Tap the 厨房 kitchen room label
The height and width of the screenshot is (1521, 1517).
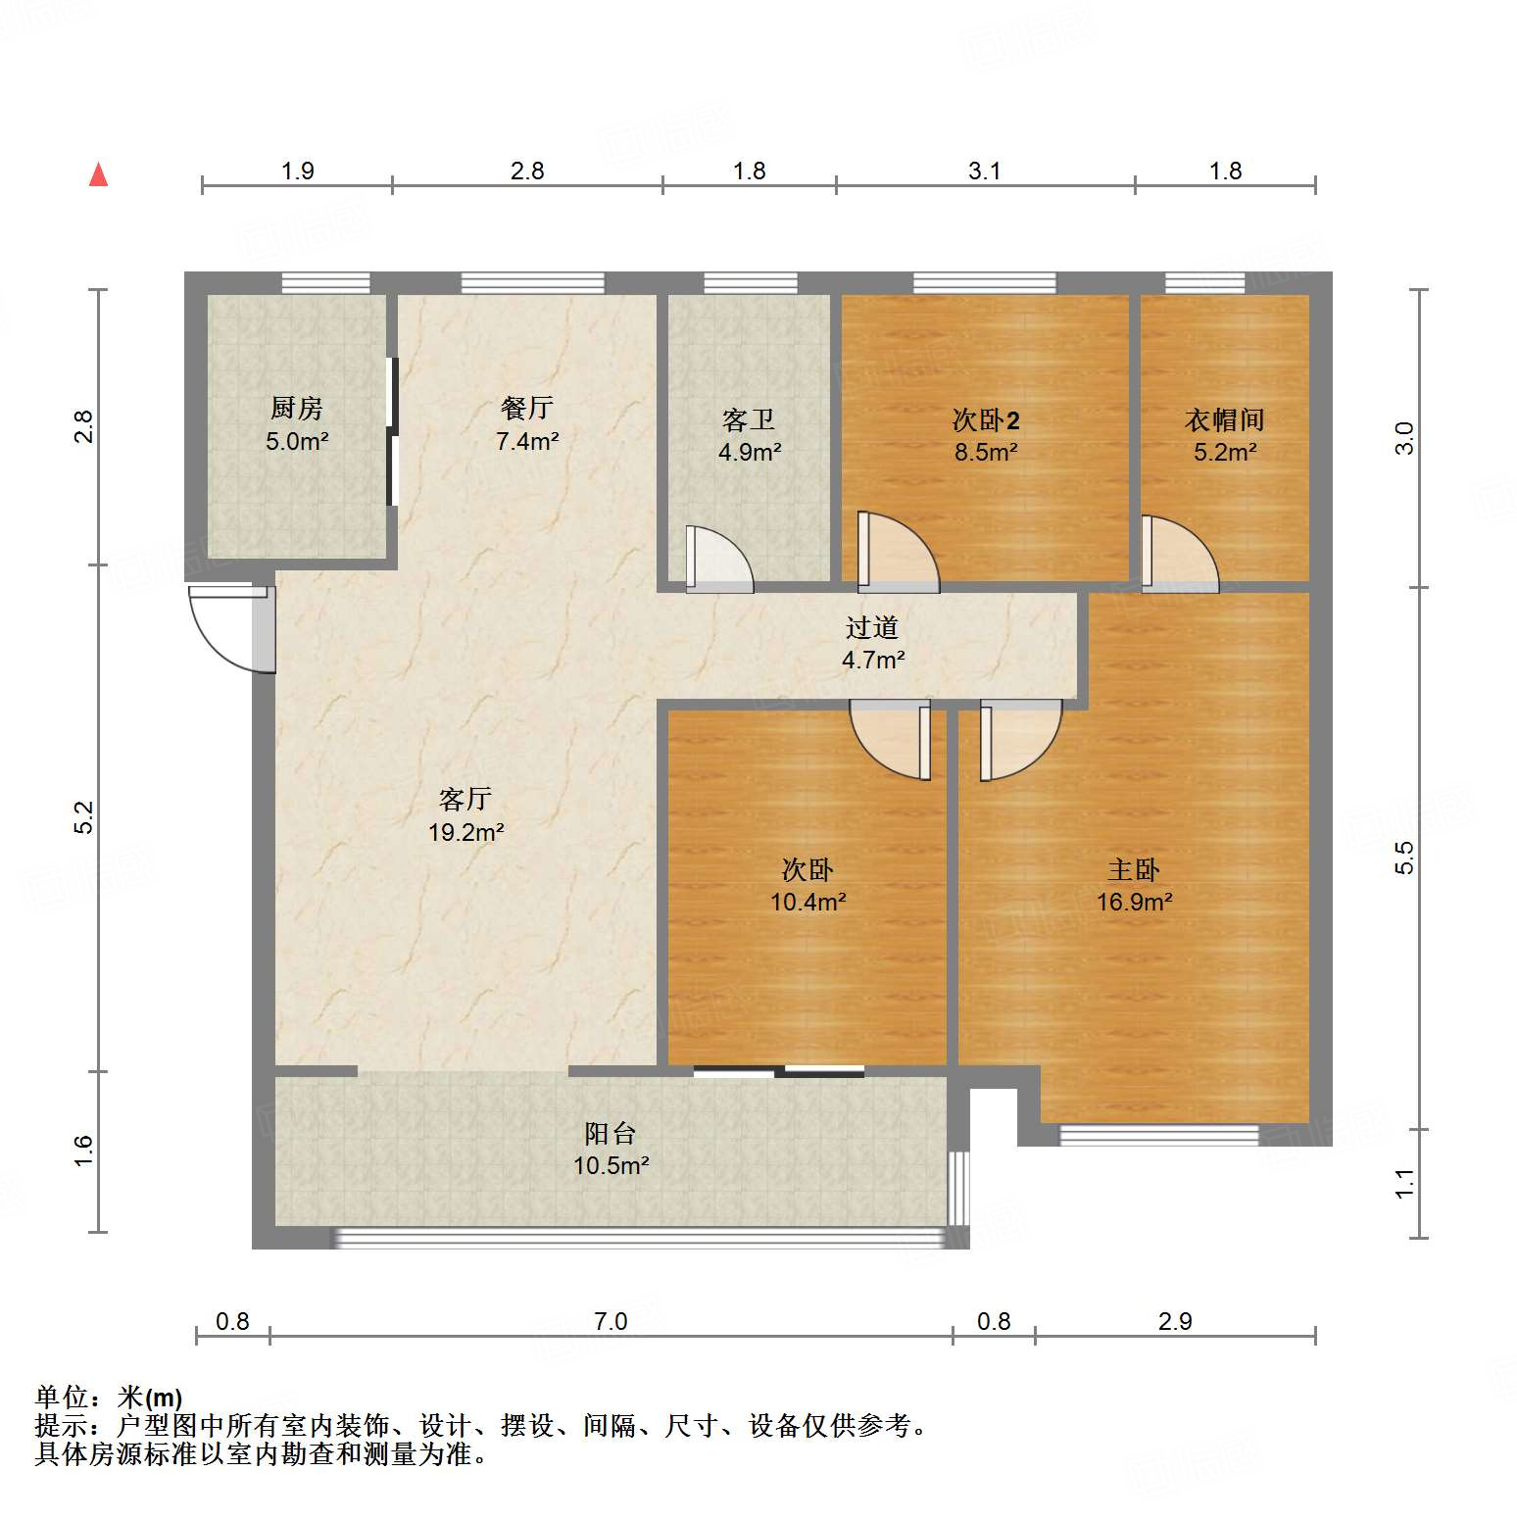pyautogui.click(x=296, y=408)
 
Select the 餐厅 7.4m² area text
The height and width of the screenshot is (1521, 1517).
pyautogui.click(x=527, y=441)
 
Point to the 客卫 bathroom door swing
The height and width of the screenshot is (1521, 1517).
pyautogui.click(x=718, y=560)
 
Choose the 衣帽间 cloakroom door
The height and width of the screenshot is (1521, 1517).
pyautogui.click(x=1179, y=555)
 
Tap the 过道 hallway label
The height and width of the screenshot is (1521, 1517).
pyautogui.click(x=872, y=627)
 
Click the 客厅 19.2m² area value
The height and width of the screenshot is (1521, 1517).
pyautogui.click(x=465, y=833)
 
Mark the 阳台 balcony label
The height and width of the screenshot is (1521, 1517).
pyautogui.click(x=611, y=1134)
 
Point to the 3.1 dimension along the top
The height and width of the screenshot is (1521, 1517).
pyautogui.click(x=985, y=171)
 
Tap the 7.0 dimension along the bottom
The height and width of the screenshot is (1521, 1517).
pyautogui.click(x=611, y=1321)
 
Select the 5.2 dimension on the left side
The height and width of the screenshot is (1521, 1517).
pyautogui.click(x=84, y=817)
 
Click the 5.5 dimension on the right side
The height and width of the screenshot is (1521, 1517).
pyautogui.click(x=1404, y=858)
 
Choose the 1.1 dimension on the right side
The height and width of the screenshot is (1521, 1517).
pyautogui.click(x=1404, y=1184)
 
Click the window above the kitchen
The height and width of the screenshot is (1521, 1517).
pyautogui.click(x=325, y=283)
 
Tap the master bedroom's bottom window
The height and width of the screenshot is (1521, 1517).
pyautogui.click(x=1158, y=1136)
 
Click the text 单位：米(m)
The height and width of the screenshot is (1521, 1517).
pyautogui.click(x=109, y=1398)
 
